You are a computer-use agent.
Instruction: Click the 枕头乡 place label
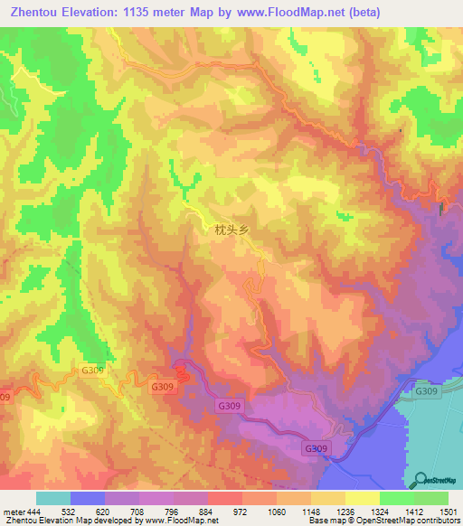click(x=231, y=230)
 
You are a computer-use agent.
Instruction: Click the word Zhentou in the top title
click(x=40, y=12)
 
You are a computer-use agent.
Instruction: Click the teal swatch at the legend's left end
click(x=53, y=498)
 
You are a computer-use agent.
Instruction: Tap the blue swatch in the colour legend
click(x=88, y=498)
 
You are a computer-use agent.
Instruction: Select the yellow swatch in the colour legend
click(x=362, y=498)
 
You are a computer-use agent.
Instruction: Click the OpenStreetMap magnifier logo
click(x=418, y=480)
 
